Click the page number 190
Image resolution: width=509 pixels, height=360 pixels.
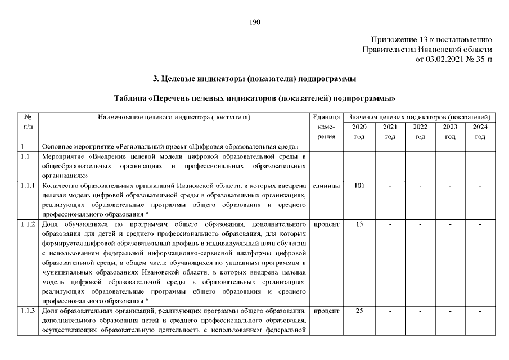(254, 22)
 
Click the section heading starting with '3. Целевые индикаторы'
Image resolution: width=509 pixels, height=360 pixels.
(254, 78)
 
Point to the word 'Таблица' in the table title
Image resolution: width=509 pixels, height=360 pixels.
(131, 98)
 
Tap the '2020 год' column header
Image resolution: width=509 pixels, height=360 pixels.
(359, 132)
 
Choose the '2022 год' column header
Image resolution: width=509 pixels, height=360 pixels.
(420, 132)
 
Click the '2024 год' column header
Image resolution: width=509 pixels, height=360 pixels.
(480, 132)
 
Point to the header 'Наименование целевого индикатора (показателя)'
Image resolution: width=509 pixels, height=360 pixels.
(174, 118)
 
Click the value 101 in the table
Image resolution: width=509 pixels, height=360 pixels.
(359, 186)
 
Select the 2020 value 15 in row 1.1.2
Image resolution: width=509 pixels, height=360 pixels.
(359, 224)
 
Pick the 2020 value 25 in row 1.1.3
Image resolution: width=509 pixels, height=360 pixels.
(359, 310)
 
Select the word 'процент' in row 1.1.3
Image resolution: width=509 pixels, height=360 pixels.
(326, 310)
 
